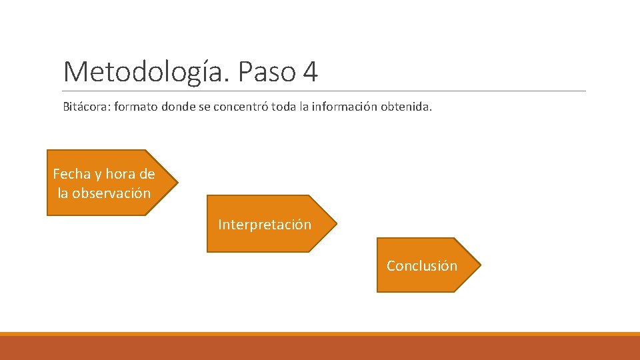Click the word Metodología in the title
[145, 71]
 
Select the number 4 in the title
[310, 71]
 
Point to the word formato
[135, 106]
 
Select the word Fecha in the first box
[71, 174]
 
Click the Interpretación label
[265, 225]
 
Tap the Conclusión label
[422, 266]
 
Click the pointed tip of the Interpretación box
[336, 223]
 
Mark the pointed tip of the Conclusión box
[479, 265]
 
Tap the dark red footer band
[320, 348]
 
